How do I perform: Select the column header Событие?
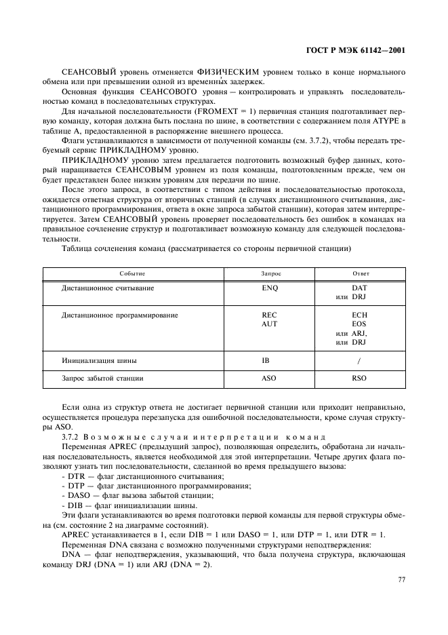tap(132, 273)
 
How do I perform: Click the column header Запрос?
tap(270, 273)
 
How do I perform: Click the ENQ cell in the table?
tap(270, 288)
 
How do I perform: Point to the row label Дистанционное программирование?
tap(120, 315)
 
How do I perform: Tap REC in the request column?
tap(270, 315)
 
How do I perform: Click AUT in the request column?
tap(270, 324)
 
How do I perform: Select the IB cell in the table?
tap(266, 360)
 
